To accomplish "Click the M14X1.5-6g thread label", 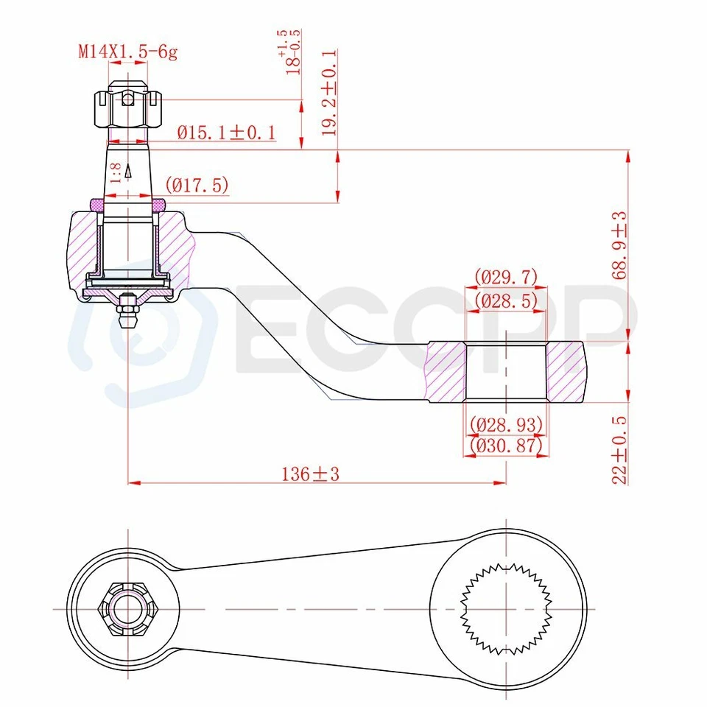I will click(x=128, y=52).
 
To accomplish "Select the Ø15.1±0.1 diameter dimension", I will click(x=226, y=133).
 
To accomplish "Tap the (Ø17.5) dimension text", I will click(x=197, y=185).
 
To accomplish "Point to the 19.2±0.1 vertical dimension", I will click(x=329, y=93).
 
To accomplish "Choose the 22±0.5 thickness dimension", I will click(x=619, y=449).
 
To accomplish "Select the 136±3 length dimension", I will click(x=310, y=474).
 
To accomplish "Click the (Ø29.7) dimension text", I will click(x=505, y=278).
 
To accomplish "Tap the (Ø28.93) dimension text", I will click(x=506, y=425).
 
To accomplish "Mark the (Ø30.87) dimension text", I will click(x=506, y=446).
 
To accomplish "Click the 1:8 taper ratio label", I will click(x=116, y=174).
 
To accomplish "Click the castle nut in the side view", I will click(x=127, y=107).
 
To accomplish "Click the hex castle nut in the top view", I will click(x=128, y=609).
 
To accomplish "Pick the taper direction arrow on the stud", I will click(x=128, y=171).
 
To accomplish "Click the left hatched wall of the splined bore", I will click(x=447, y=371).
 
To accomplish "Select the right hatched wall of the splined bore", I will click(x=565, y=371).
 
